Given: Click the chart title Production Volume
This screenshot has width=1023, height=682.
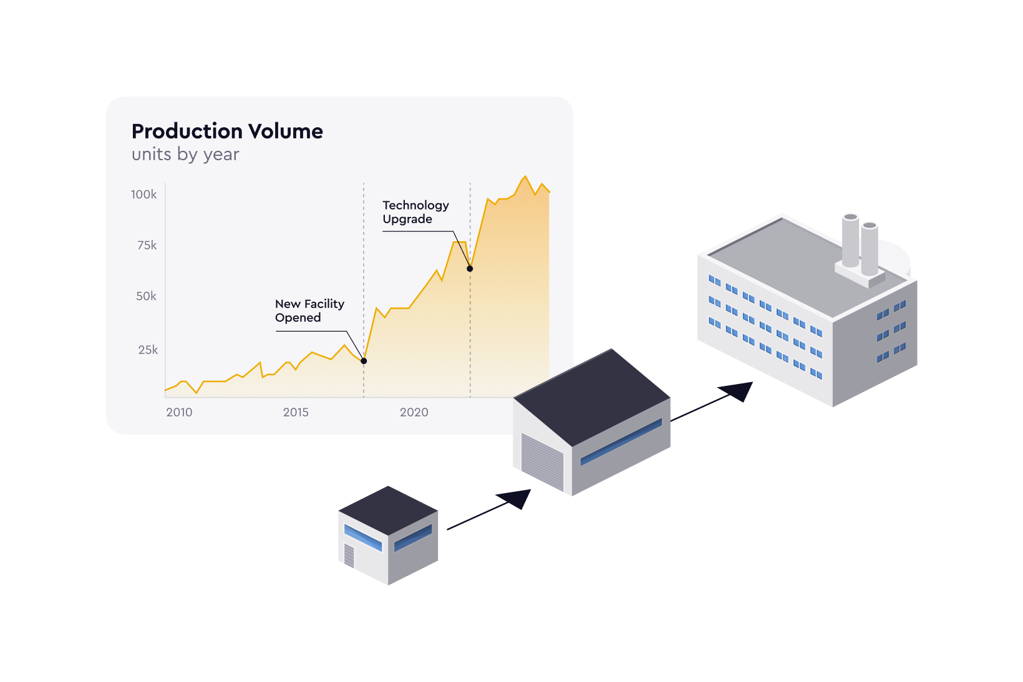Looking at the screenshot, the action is point(227,132).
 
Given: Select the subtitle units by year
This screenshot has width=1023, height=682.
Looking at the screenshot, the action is point(185,155).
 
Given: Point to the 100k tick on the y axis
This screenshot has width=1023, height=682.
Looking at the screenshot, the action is point(144,195).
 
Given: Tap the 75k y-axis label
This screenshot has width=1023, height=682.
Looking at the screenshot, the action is point(147,246).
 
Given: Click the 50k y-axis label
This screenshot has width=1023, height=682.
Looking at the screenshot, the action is point(146,296).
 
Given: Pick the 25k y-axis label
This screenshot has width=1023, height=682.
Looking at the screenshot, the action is point(148,350).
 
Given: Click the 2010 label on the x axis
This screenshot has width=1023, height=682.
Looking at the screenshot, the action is point(179,412).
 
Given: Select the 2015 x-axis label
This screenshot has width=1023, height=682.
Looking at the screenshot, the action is point(296,412).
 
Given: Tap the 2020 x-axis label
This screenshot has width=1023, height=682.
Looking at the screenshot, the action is point(414,412).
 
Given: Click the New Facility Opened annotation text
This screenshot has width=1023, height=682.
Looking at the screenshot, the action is point(309,310).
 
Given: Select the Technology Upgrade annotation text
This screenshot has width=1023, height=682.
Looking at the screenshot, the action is point(415,212).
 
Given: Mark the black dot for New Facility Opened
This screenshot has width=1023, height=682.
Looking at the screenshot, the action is point(364,361).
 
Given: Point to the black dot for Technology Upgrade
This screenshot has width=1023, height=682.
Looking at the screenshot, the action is point(470,269).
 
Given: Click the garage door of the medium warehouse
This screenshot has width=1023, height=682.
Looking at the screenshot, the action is point(542,462).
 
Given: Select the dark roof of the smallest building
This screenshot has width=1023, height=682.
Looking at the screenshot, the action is point(388,511).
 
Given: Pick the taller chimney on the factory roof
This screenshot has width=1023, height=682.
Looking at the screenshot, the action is point(850,240).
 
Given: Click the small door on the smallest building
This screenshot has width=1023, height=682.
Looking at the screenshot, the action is point(349,555).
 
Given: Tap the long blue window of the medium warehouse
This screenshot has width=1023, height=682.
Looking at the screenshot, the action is point(621,442).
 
